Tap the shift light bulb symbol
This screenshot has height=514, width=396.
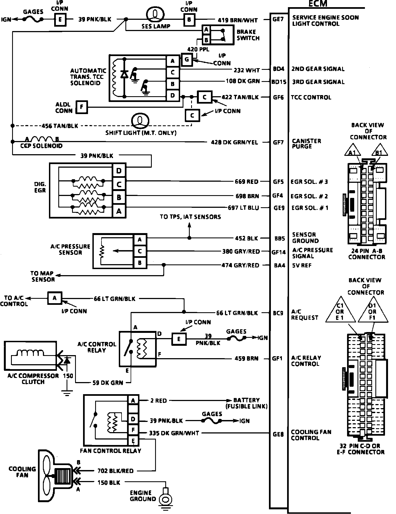140,121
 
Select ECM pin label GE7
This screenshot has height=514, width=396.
278,20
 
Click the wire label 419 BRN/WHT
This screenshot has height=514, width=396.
238,20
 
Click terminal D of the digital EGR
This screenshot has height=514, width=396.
119,171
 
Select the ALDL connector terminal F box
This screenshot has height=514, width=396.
81,107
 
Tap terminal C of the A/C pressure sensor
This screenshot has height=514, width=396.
140,251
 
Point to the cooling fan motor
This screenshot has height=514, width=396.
64,477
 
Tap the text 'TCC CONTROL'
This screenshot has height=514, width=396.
311,97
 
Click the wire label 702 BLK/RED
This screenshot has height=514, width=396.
116,471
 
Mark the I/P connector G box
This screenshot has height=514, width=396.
187,60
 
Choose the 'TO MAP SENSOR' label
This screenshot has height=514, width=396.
43,276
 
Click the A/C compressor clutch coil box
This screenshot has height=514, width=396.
30,356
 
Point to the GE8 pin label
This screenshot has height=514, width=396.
278,435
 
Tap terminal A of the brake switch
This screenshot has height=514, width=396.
206,30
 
